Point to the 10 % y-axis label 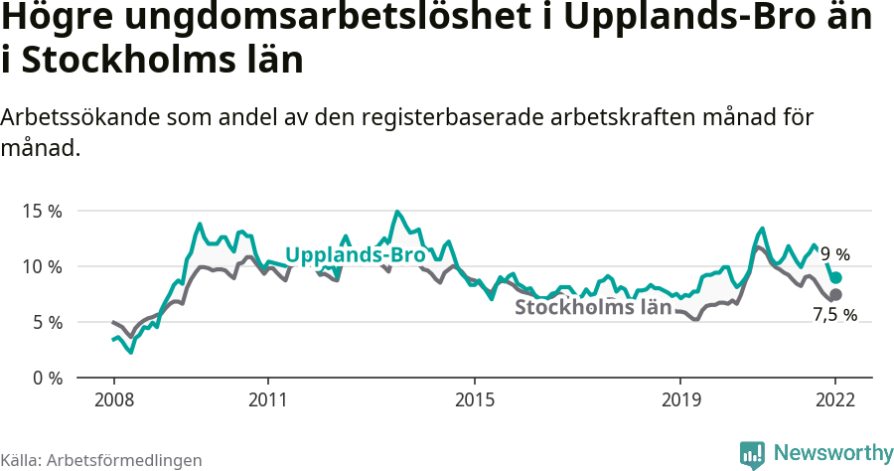point(42,267)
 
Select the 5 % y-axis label point(47,323)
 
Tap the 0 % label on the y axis point(47,379)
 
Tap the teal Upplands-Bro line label point(356,255)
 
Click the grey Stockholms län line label point(593,307)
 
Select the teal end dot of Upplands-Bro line point(836,278)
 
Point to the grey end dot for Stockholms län point(835,295)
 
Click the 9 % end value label point(834,254)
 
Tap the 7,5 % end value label point(834,315)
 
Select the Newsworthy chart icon point(752,454)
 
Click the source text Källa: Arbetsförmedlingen point(101,460)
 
